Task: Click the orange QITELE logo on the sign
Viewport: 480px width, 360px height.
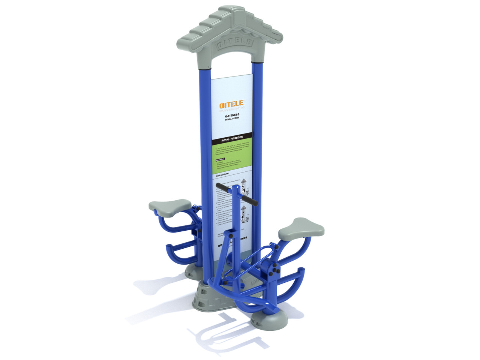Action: click(231, 104)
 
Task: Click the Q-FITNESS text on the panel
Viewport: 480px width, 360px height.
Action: click(232, 116)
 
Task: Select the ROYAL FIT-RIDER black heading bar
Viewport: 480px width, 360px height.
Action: click(232, 139)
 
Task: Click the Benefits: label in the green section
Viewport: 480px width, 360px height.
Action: click(220, 159)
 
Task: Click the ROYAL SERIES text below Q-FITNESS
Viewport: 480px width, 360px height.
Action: click(232, 119)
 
